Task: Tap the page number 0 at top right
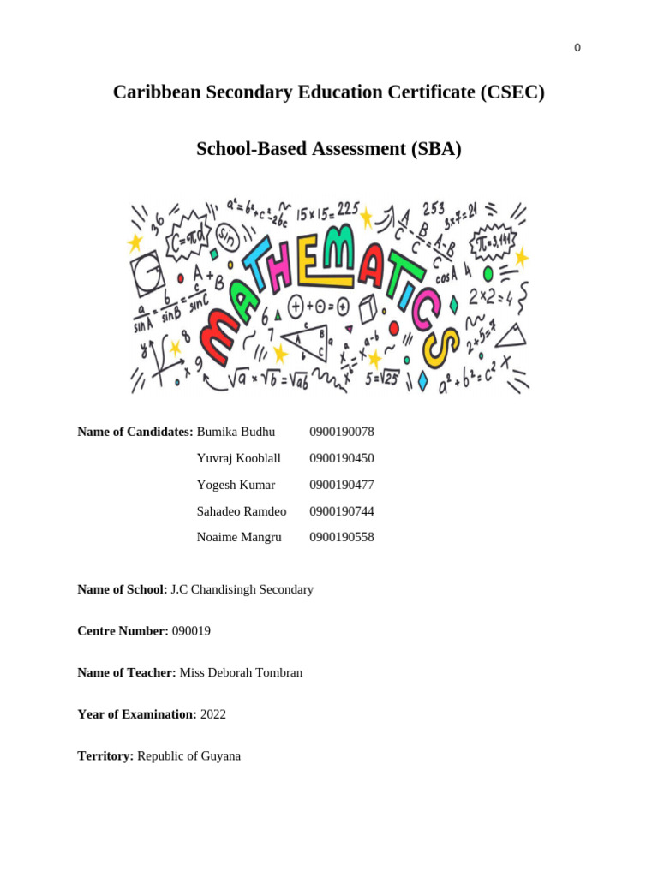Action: pos(577,48)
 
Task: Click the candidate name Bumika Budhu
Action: pos(236,432)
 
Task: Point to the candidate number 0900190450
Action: pos(342,458)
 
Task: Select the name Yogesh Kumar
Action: pos(236,485)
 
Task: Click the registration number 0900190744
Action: pos(342,511)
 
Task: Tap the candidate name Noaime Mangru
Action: pos(239,537)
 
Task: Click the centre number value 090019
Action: pos(191,631)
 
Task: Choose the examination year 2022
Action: pos(213,714)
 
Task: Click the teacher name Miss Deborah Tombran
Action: pos(241,673)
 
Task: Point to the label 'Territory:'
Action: pos(105,756)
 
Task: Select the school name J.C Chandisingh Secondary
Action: pos(242,589)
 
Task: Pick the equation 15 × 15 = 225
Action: pos(326,210)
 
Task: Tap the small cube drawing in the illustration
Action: pos(368,308)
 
